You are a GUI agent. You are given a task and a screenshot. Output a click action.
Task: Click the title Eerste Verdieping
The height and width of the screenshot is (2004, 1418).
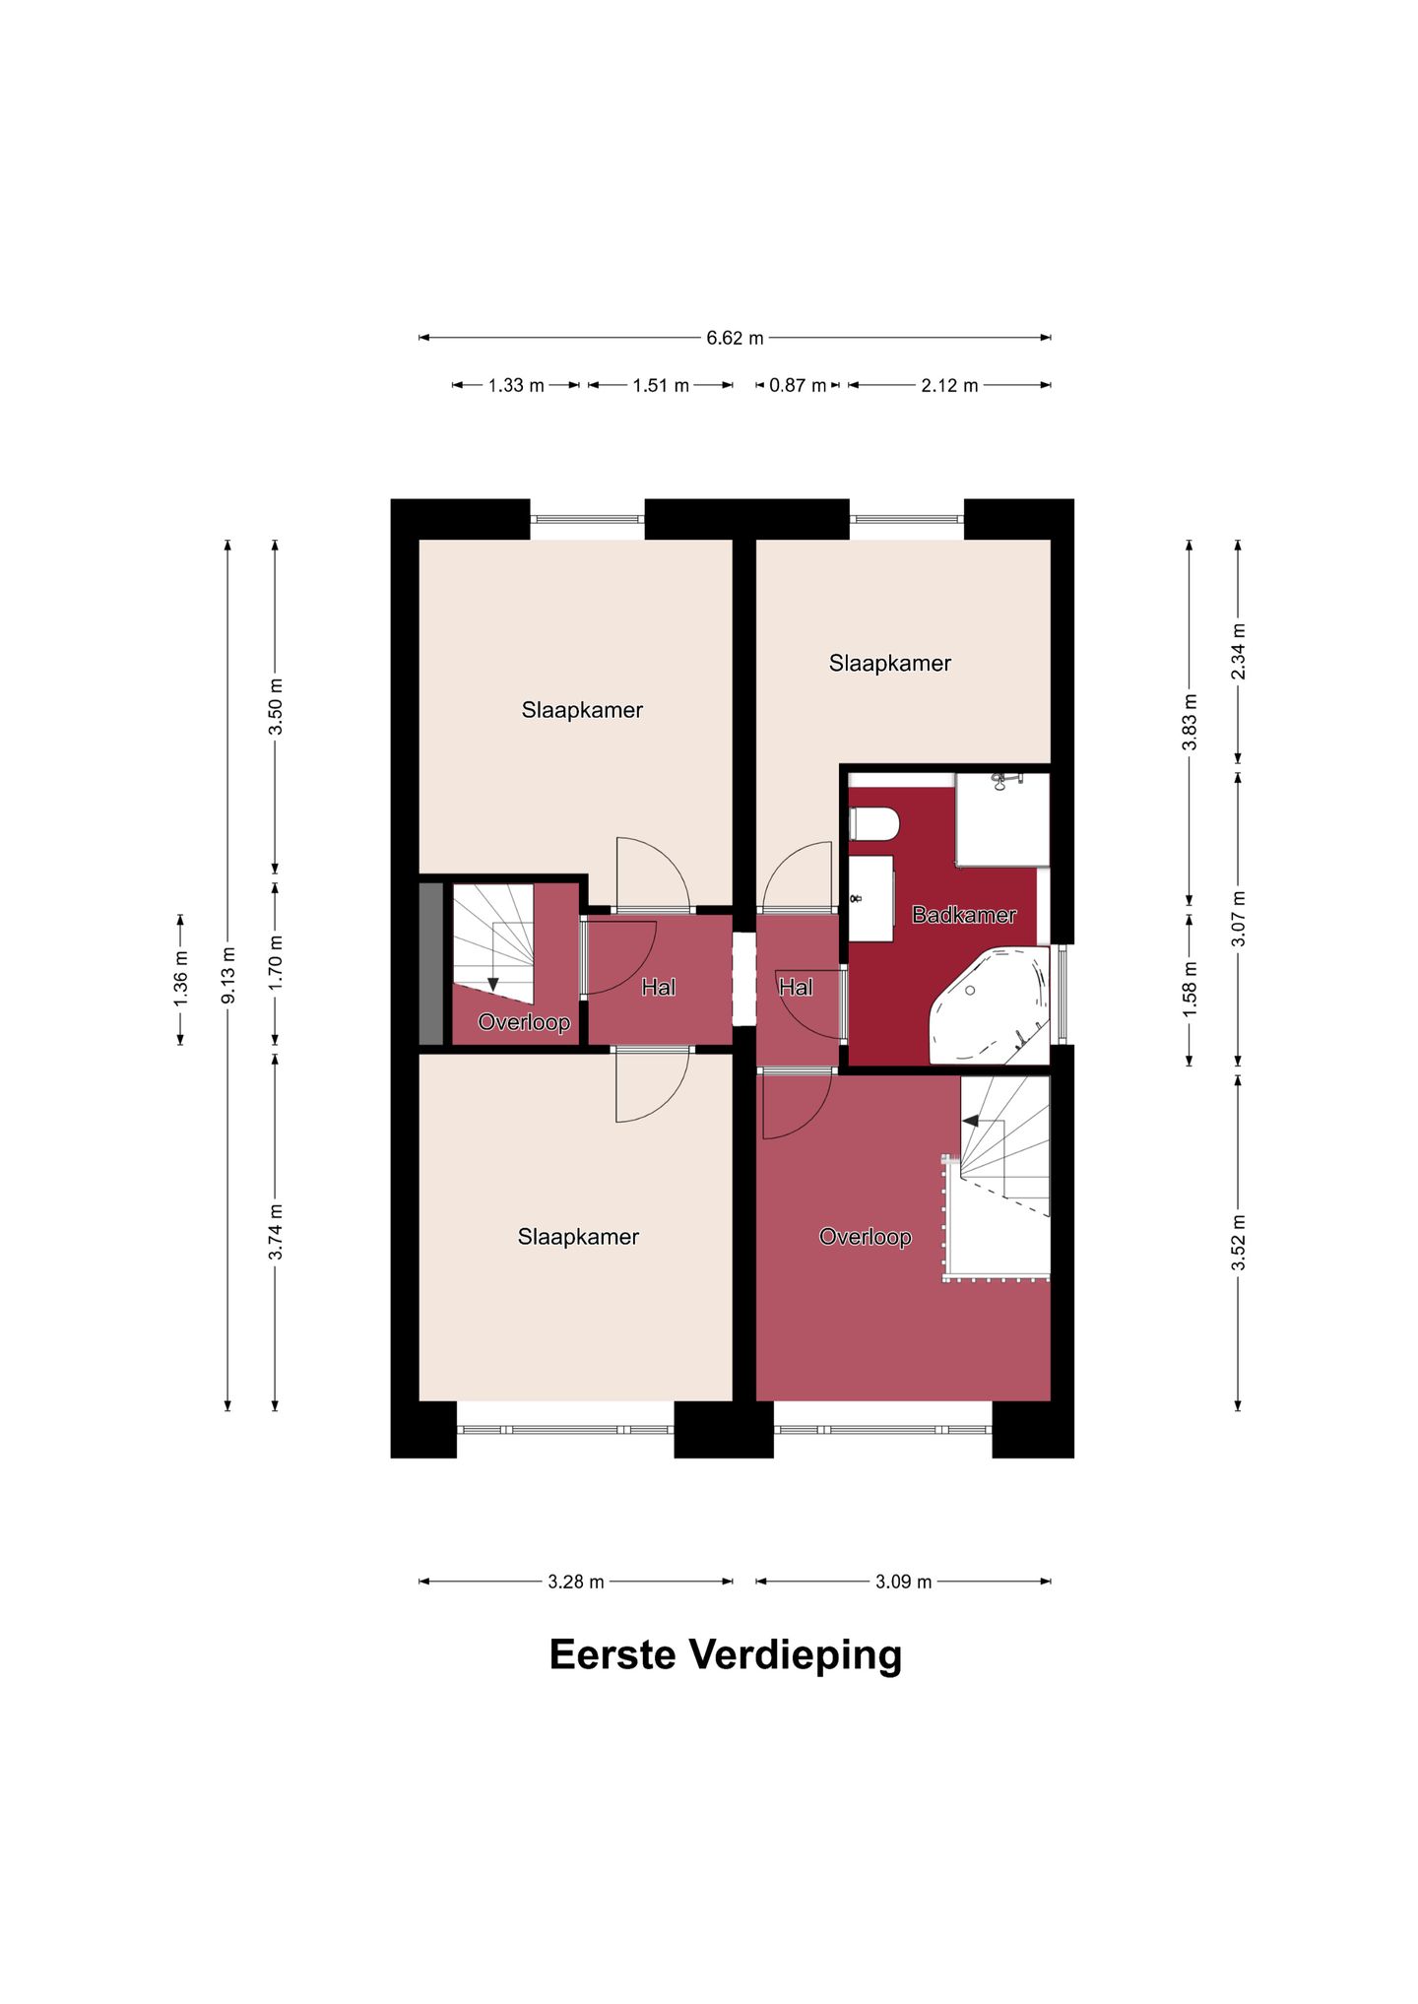725,1654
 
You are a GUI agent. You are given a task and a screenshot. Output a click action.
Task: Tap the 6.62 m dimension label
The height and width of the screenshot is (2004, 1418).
735,338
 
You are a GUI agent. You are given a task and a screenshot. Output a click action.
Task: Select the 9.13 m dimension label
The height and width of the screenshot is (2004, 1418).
227,975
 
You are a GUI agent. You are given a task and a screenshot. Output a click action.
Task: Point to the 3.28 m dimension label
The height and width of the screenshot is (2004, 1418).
576,1582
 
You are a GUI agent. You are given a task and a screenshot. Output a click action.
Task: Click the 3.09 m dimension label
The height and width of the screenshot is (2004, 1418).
903,1582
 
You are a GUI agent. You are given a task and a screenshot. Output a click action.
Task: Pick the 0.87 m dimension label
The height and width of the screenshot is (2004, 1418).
798,385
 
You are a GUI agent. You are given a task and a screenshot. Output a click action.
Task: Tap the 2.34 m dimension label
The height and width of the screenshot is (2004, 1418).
1238,651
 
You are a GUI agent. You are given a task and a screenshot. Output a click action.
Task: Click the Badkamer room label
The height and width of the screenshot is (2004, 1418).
963,915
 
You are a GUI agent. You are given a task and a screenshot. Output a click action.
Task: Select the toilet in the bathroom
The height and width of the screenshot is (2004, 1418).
874,824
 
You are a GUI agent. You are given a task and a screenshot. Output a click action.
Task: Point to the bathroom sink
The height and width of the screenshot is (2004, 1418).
871,898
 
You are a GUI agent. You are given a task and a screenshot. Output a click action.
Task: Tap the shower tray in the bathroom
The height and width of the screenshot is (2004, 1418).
1001,819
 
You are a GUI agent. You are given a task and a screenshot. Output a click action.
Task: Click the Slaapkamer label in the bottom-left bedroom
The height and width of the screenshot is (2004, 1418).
578,1237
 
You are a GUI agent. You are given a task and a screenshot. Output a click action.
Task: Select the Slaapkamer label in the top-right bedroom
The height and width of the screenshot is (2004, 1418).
889,664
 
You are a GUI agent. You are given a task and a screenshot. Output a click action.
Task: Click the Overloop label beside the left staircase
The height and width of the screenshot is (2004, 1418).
524,1022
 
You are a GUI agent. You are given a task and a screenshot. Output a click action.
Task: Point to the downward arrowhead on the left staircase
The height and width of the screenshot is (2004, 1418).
493,985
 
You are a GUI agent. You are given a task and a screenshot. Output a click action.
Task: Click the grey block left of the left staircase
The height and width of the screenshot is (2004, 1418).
431,963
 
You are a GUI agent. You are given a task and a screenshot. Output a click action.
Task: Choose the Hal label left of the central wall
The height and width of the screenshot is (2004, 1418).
658,987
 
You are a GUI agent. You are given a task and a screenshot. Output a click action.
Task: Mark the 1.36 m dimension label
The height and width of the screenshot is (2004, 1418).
180,979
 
